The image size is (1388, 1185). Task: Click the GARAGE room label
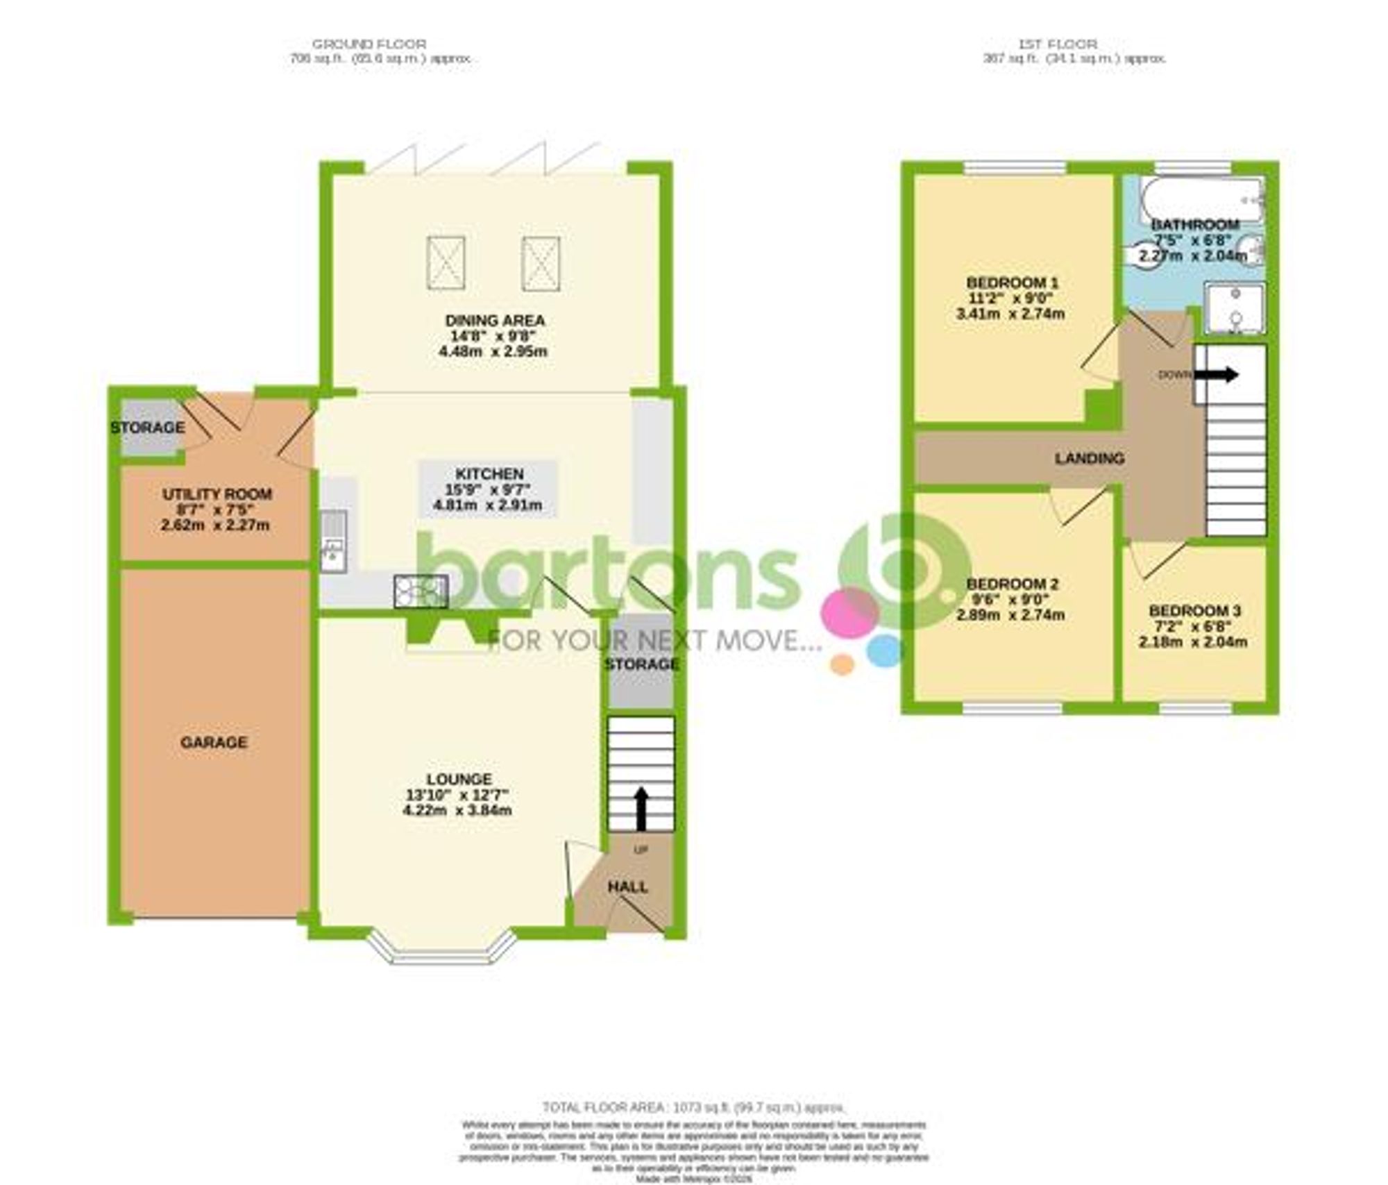(x=214, y=742)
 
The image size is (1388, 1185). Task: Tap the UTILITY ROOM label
(x=217, y=494)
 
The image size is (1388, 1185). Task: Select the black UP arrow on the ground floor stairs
(x=641, y=808)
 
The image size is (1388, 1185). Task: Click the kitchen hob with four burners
(x=421, y=592)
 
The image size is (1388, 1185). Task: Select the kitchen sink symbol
(x=334, y=542)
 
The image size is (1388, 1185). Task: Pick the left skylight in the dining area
(x=446, y=262)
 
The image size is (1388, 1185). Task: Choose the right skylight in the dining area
(x=541, y=262)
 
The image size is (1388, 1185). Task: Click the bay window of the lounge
(x=442, y=952)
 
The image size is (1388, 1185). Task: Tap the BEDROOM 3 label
(x=1194, y=611)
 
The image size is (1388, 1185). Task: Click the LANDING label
(x=1089, y=458)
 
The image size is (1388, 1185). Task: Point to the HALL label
(x=627, y=886)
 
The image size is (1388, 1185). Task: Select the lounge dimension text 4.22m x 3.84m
(x=457, y=810)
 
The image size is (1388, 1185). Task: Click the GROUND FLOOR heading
(x=369, y=44)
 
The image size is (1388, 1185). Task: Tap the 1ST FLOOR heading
(x=1058, y=44)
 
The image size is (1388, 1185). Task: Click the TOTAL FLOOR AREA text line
(x=693, y=1107)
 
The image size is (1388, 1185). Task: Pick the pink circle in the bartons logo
(x=851, y=613)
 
